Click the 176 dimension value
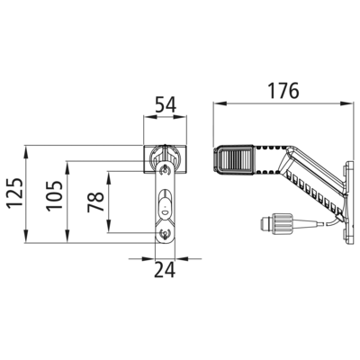tap(283, 91)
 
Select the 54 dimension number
tap(166, 105)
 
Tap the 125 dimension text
tap(14, 193)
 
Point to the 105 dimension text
tap(54, 195)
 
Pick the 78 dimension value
tap(95, 202)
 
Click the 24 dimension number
tap(165, 270)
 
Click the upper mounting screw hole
tap(165, 171)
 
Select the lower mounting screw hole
tap(165, 232)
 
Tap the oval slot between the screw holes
tap(165, 203)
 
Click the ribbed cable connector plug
tap(275, 224)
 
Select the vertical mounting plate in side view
tap(349, 203)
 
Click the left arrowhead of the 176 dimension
tap(220, 103)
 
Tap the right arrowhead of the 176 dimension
tap(346, 103)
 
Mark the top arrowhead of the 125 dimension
tap(26, 152)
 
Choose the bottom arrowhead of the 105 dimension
tap(67, 236)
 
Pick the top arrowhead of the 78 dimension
tap(109, 177)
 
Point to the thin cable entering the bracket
tap(333, 221)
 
